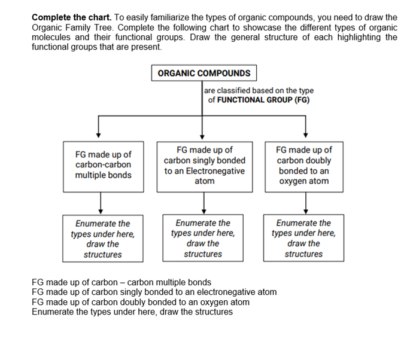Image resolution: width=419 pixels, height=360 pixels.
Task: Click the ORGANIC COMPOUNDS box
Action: (204, 73)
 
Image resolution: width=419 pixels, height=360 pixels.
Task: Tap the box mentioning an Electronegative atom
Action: (204, 166)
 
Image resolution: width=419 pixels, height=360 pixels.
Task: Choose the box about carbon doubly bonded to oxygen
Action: (304, 166)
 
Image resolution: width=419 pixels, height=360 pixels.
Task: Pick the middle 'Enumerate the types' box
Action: (203, 239)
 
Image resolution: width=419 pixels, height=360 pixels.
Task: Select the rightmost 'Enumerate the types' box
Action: (303, 239)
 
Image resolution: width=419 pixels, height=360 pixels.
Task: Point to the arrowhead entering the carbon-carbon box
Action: (99, 135)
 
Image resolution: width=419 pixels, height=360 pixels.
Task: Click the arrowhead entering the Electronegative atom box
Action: (202, 135)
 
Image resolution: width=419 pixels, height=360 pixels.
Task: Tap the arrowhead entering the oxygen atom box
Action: (306, 135)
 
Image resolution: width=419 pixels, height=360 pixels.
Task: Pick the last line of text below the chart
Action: (132, 312)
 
